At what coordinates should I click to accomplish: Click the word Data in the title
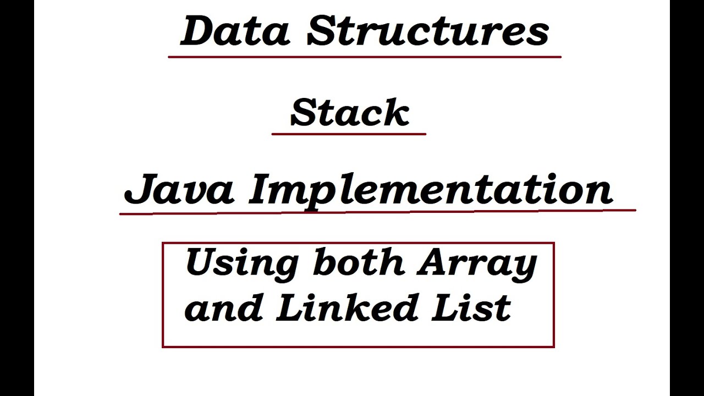(235, 31)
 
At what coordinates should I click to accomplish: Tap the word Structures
(428, 31)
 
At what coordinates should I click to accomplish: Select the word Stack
(349, 113)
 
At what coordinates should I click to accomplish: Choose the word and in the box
(223, 308)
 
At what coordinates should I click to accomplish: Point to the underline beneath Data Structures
(364, 57)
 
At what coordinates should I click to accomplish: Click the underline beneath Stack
(349, 134)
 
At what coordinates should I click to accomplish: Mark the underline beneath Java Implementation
(377, 211)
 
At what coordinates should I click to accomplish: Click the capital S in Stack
(304, 113)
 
